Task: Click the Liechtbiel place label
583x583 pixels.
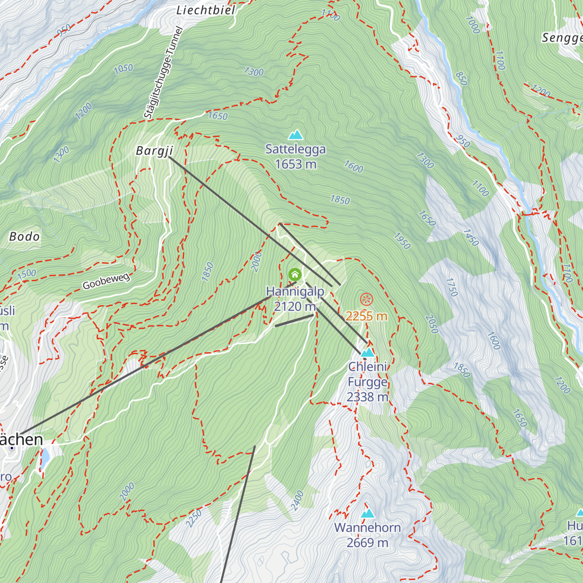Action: pyautogui.click(x=206, y=10)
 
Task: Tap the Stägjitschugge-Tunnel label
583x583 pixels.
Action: pyautogui.click(x=163, y=73)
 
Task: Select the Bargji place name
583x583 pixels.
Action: pyautogui.click(x=154, y=151)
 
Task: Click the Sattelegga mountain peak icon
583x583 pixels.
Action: pyautogui.click(x=295, y=135)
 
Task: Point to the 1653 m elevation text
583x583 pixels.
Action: pyautogui.click(x=295, y=164)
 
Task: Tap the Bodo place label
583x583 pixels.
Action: pyautogui.click(x=25, y=237)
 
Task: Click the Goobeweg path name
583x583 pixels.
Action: pyautogui.click(x=106, y=281)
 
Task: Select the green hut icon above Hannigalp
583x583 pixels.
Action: pyautogui.click(x=295, y=274)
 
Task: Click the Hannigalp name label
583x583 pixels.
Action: pyautogui.click(x=295, y=291)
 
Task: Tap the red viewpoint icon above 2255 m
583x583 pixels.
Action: pyautogui.click(x=366, y=300)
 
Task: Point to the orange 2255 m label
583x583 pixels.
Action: pyautogui.click(x=366, y=316)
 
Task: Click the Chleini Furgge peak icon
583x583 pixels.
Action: pyautogui.click(x=368, y=352)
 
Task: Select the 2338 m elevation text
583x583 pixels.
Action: pyautogui.click(x=367, y=397)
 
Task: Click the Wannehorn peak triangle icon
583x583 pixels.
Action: pyautogui.click(x=368, y=513)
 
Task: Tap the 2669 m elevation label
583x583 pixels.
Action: pyautogui.click(x=367, y=543)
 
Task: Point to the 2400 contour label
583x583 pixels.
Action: pyautogui.click(x=297, y=500)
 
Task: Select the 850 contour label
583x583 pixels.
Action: pyautogui.click(x=461, y=78)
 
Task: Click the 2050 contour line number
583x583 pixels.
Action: pyautogui.click(x=431, y=324)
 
